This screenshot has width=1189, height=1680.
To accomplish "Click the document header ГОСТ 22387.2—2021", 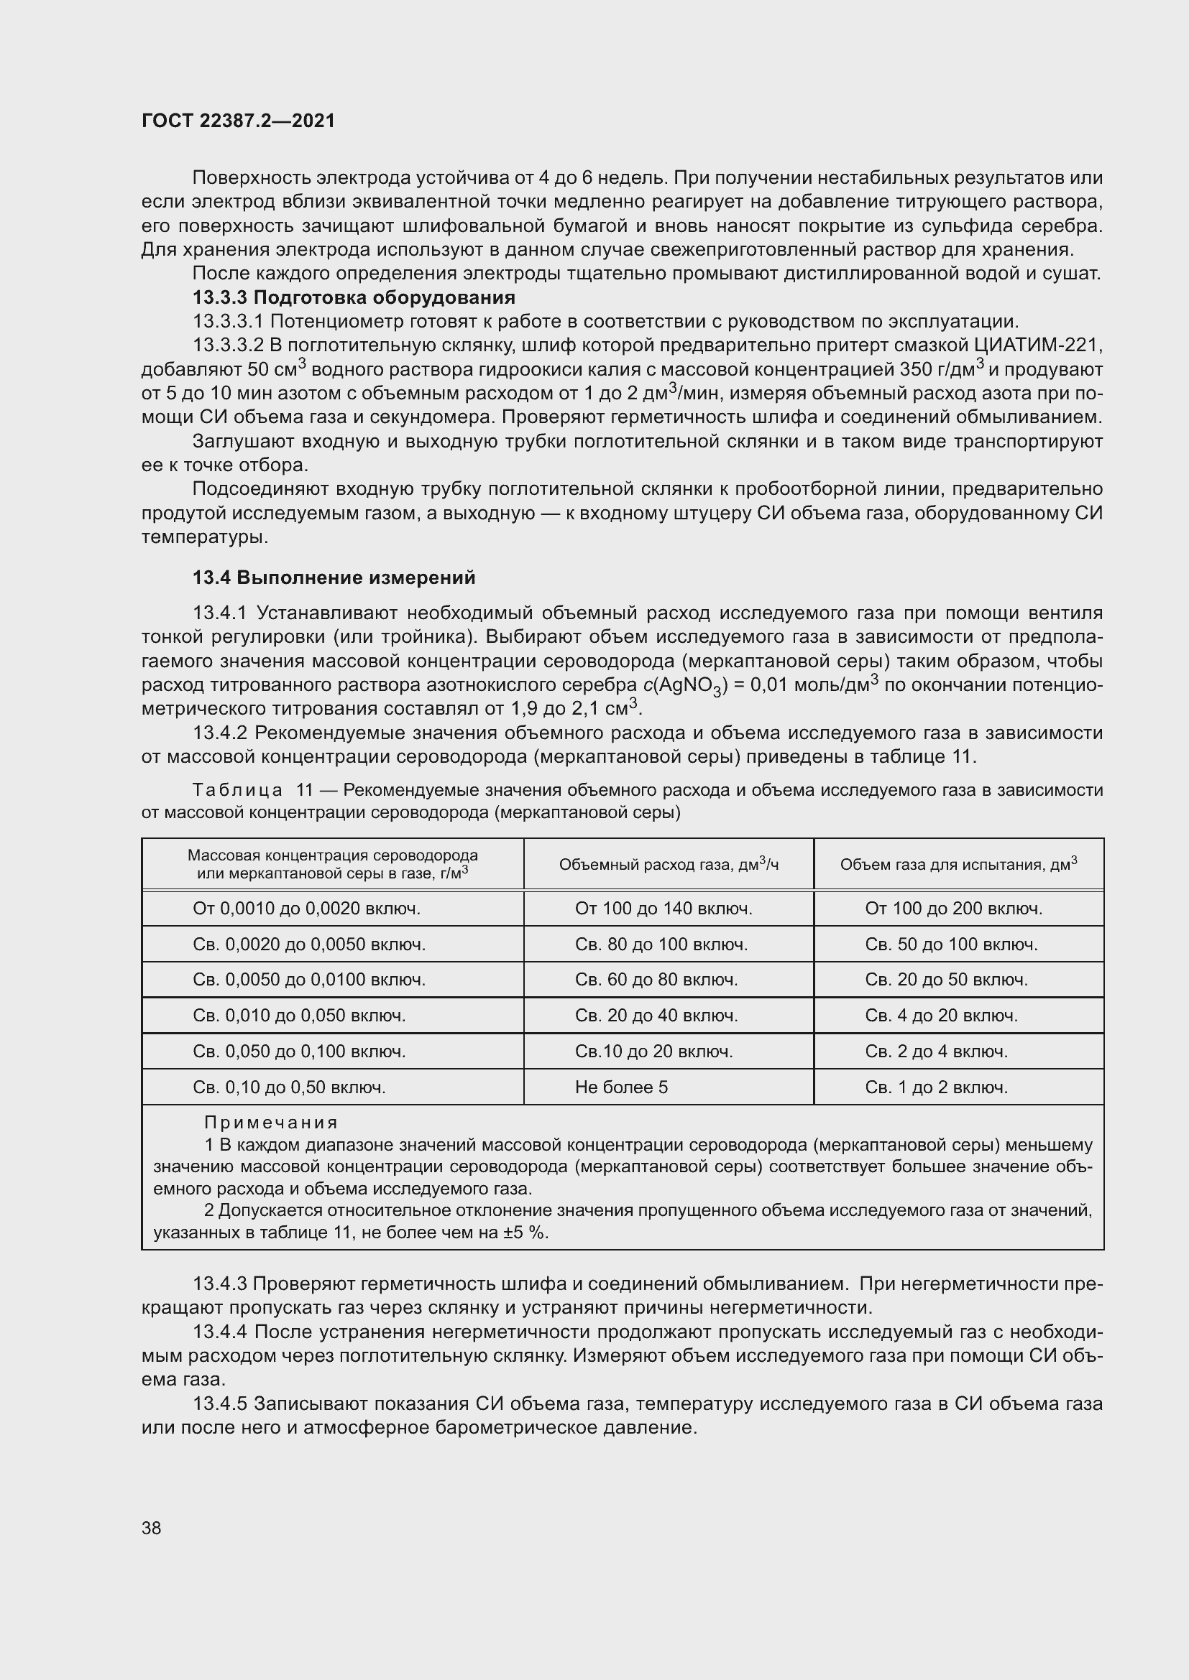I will click(238, 121).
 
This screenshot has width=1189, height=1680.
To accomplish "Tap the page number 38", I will click(152, 1528).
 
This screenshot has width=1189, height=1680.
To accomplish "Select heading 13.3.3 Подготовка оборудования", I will click(354, 298).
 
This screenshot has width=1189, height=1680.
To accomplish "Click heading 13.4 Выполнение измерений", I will click(334, 578).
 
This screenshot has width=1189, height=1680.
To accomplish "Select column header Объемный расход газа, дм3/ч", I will click(669, 865).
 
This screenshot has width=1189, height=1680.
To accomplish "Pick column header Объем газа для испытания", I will click(958, 865).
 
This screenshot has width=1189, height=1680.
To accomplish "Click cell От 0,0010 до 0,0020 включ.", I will click(306, 909).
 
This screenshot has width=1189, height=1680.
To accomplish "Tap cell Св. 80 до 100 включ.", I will click(661, 945).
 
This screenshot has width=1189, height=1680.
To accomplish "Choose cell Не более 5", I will click(622, 1087).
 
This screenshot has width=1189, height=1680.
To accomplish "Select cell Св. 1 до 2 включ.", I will click(937, 1087).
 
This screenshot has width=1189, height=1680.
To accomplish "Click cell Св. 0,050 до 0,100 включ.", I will click(299, 1052).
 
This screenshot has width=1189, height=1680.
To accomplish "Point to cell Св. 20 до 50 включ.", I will click(946, 980).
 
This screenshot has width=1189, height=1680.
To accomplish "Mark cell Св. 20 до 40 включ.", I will click(656, 1016).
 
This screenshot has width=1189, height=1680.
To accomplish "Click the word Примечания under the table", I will click(271, 1123).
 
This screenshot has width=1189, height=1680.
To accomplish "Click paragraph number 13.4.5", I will click(222, 1404).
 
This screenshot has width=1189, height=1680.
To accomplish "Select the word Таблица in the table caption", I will click(238, 790).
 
